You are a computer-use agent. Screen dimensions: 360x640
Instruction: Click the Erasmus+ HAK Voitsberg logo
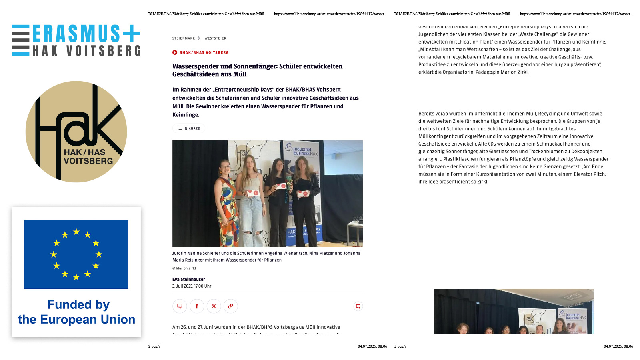(76, 40)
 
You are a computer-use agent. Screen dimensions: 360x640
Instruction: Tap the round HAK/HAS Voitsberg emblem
(76, 132)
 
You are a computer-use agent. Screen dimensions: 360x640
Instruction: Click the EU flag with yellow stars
(76, 254)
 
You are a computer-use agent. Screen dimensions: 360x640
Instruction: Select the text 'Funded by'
(78, 305)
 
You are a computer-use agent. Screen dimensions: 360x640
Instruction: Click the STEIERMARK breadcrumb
(184, 38)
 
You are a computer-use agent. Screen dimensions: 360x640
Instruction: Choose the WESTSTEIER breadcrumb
(215, 38)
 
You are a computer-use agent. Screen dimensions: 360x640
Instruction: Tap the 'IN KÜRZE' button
(189, 128)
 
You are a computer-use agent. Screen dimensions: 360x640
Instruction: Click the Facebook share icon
(197, 306)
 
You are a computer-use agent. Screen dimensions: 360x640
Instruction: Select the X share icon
(214, 306)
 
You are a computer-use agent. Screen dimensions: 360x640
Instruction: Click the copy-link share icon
(230, 306)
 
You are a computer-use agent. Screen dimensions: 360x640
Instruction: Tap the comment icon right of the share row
(358, 306)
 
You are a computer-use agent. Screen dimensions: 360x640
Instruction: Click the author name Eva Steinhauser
(189, 280)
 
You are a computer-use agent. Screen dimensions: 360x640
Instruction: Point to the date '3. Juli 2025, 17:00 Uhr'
(192, 286)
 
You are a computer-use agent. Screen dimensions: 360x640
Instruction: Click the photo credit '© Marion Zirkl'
(184, 268)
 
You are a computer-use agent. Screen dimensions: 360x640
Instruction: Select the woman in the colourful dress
(226, 200)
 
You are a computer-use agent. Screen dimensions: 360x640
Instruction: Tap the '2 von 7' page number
(154, 346)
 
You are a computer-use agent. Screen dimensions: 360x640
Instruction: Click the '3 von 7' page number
(400, 346)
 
